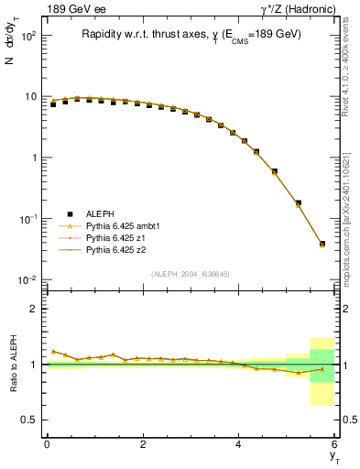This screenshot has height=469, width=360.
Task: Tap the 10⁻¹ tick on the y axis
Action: pos(27,218)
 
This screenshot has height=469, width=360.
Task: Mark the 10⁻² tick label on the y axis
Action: pos(27,279)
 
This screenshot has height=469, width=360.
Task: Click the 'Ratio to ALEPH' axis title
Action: pos(11,364)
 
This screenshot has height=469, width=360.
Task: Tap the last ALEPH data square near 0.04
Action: pos(322,244)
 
